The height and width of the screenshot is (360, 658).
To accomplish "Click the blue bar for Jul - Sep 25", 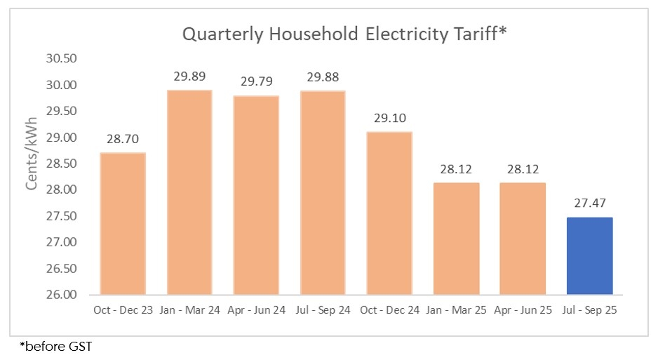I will (589, 256).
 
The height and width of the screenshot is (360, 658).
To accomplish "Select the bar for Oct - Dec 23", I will (123, 224).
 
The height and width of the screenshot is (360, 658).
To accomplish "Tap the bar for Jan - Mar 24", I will (189, 192).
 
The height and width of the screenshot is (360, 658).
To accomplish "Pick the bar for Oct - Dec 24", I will (389, 213).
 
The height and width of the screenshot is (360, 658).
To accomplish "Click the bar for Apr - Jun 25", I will (523, 239).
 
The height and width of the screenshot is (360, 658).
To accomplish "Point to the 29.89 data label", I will (189, 76).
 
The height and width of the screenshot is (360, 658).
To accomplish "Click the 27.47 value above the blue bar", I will (589, 204).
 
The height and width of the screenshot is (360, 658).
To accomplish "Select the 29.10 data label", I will (389, 118).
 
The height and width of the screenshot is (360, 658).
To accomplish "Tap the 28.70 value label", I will (123, 139).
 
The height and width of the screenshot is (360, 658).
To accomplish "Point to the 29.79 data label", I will (256, 81).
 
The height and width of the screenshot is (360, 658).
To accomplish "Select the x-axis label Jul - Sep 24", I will (323, 309).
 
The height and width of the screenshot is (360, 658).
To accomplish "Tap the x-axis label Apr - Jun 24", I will (256, 309).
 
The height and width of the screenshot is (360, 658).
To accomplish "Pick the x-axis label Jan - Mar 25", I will (456, 309).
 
